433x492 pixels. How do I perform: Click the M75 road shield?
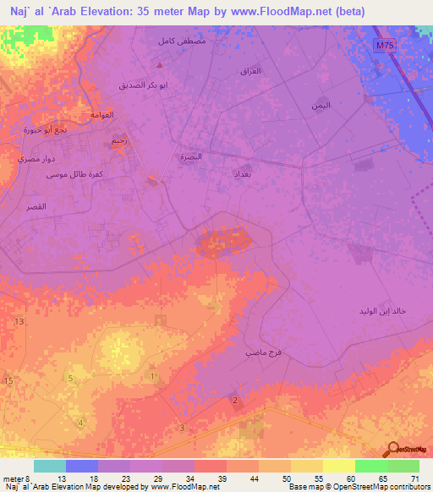385,46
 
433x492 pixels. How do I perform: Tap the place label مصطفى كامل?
181,41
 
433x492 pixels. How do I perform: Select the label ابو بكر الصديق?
143,85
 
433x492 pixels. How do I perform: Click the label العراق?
251,72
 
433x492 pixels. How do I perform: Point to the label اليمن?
321,106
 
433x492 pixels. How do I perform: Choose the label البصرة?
191,157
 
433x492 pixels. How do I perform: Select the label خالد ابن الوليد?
382,311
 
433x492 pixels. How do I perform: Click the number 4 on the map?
80,422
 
